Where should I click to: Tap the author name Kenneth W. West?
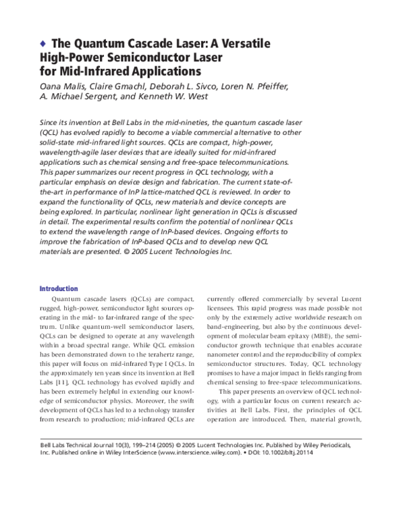(191, 98)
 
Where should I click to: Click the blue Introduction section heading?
(59, 288)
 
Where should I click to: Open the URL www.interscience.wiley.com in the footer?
(196, 453)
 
